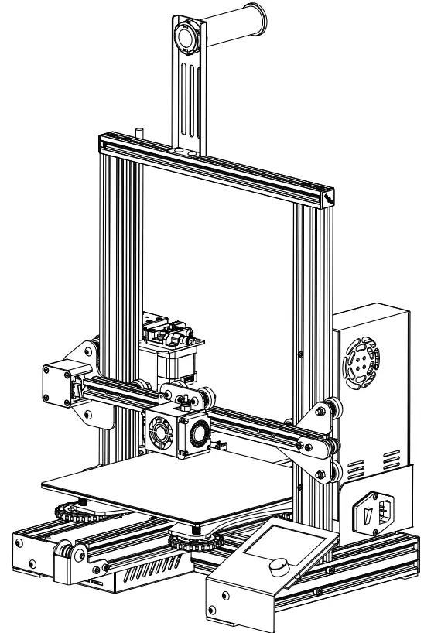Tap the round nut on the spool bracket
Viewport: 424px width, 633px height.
pyautogui.click(x=186, y=36)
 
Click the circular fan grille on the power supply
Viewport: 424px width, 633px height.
pyautogui.click(x=360, y=359)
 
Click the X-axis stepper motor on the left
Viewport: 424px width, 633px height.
pyautogui.click(x=62, y=384)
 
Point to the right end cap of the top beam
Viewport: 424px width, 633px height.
pyautogui.click(x=328, y=198)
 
